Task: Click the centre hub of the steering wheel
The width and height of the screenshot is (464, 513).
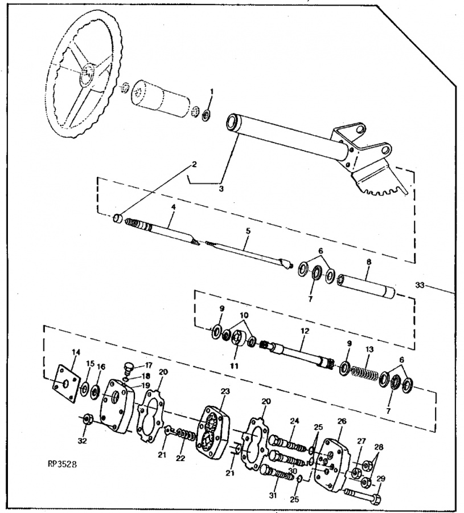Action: (x=88, y=72)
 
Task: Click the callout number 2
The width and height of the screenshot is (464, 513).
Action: (x=194, y=165)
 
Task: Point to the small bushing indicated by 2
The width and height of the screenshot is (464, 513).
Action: (x=118, y=218)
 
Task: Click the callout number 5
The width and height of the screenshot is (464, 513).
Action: (x=248, y=232)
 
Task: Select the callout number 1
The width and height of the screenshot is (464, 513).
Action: (x=212, y=91)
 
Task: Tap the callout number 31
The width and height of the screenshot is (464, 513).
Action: (x=273, y=495)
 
